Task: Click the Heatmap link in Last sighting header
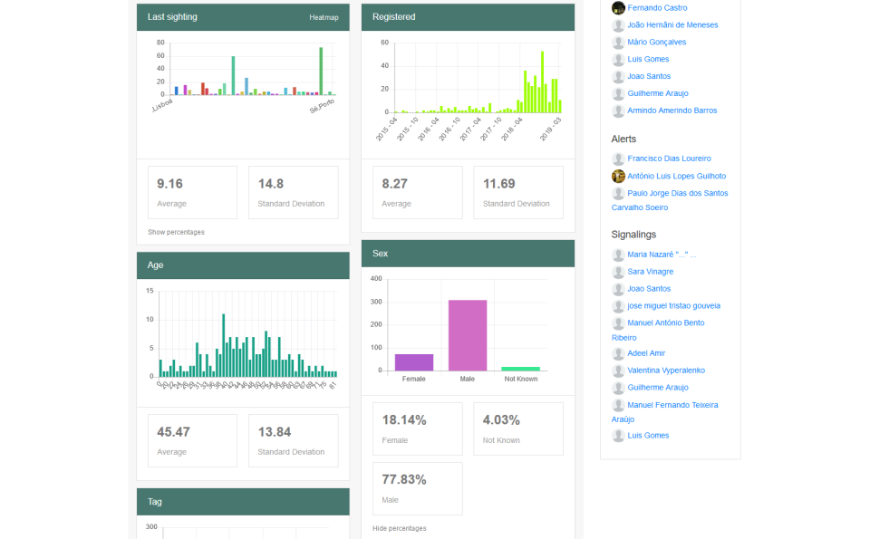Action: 324,17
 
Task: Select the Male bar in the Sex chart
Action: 468,335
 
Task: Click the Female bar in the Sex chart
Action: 413,361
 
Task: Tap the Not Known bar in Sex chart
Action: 520,368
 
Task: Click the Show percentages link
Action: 176,232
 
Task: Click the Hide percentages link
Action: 399,528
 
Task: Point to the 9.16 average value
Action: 169,183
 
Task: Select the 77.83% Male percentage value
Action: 404,479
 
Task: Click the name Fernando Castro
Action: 657,8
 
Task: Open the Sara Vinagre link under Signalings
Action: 650,272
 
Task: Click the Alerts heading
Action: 623,140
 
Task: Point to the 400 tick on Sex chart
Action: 376,278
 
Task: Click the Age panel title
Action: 155,265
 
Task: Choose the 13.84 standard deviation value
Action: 274,432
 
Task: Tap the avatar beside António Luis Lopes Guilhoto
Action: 618,176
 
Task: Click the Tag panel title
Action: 155,502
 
